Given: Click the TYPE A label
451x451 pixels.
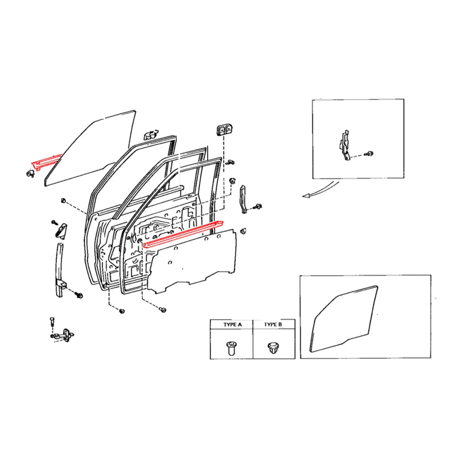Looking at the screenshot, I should pos(232,324).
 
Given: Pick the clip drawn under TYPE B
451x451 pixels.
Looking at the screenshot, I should pos(273,348).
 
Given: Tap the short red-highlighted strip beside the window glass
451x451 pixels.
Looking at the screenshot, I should pos(45,162).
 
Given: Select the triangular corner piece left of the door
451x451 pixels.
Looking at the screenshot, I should pos(61,230).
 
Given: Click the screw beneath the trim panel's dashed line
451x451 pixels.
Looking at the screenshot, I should pos(163,309).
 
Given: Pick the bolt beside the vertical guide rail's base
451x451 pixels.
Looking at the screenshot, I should pos(79,295).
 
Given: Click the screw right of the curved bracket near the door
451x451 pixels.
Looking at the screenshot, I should pos(259,206).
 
